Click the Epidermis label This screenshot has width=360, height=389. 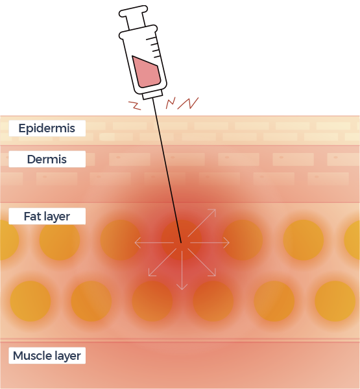(x=47, y=128)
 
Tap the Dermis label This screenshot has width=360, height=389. (x=47, y=159)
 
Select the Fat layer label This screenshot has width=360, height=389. (x=47, y=217)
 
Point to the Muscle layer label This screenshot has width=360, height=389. (x=47, y=355)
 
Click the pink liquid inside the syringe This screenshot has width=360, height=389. (x=146, y=73)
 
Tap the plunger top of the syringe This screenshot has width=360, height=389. (x=134, y=11)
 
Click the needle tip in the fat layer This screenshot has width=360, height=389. (x=181, y=242)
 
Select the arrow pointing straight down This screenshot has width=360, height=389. (x=182, y=270)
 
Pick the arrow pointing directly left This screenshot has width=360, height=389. (x=154, y=242)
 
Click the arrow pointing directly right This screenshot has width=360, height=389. (x=210, y=242)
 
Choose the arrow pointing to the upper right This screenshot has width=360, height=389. (x=202, y=222)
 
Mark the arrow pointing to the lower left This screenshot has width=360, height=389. (x=162, y=262)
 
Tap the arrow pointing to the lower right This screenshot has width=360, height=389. (x=202, y=262)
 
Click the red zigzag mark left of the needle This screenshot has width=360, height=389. (x=135, y=105)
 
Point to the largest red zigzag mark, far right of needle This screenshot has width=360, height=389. (x=188, y=103)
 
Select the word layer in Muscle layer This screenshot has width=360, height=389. (x=67, y=356)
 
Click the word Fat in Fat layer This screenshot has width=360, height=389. (x=31, y=217)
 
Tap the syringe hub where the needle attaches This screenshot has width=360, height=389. (x=152, y=95)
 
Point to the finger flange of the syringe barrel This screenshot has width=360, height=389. (x=138, y=32)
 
